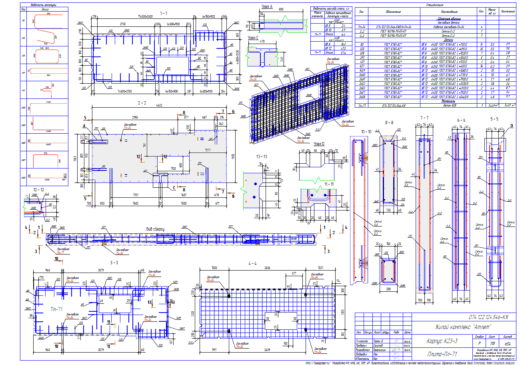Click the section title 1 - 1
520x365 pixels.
tap(164, 13)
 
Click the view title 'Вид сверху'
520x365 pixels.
tap(155, 229)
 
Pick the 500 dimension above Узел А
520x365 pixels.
tap(281, 9)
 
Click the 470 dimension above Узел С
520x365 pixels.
tap(262, 41)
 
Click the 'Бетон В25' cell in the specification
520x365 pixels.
tap(448, 106)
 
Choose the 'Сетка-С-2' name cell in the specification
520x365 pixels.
tap(448, 31)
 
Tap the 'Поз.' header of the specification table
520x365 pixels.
tap(361, 12)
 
